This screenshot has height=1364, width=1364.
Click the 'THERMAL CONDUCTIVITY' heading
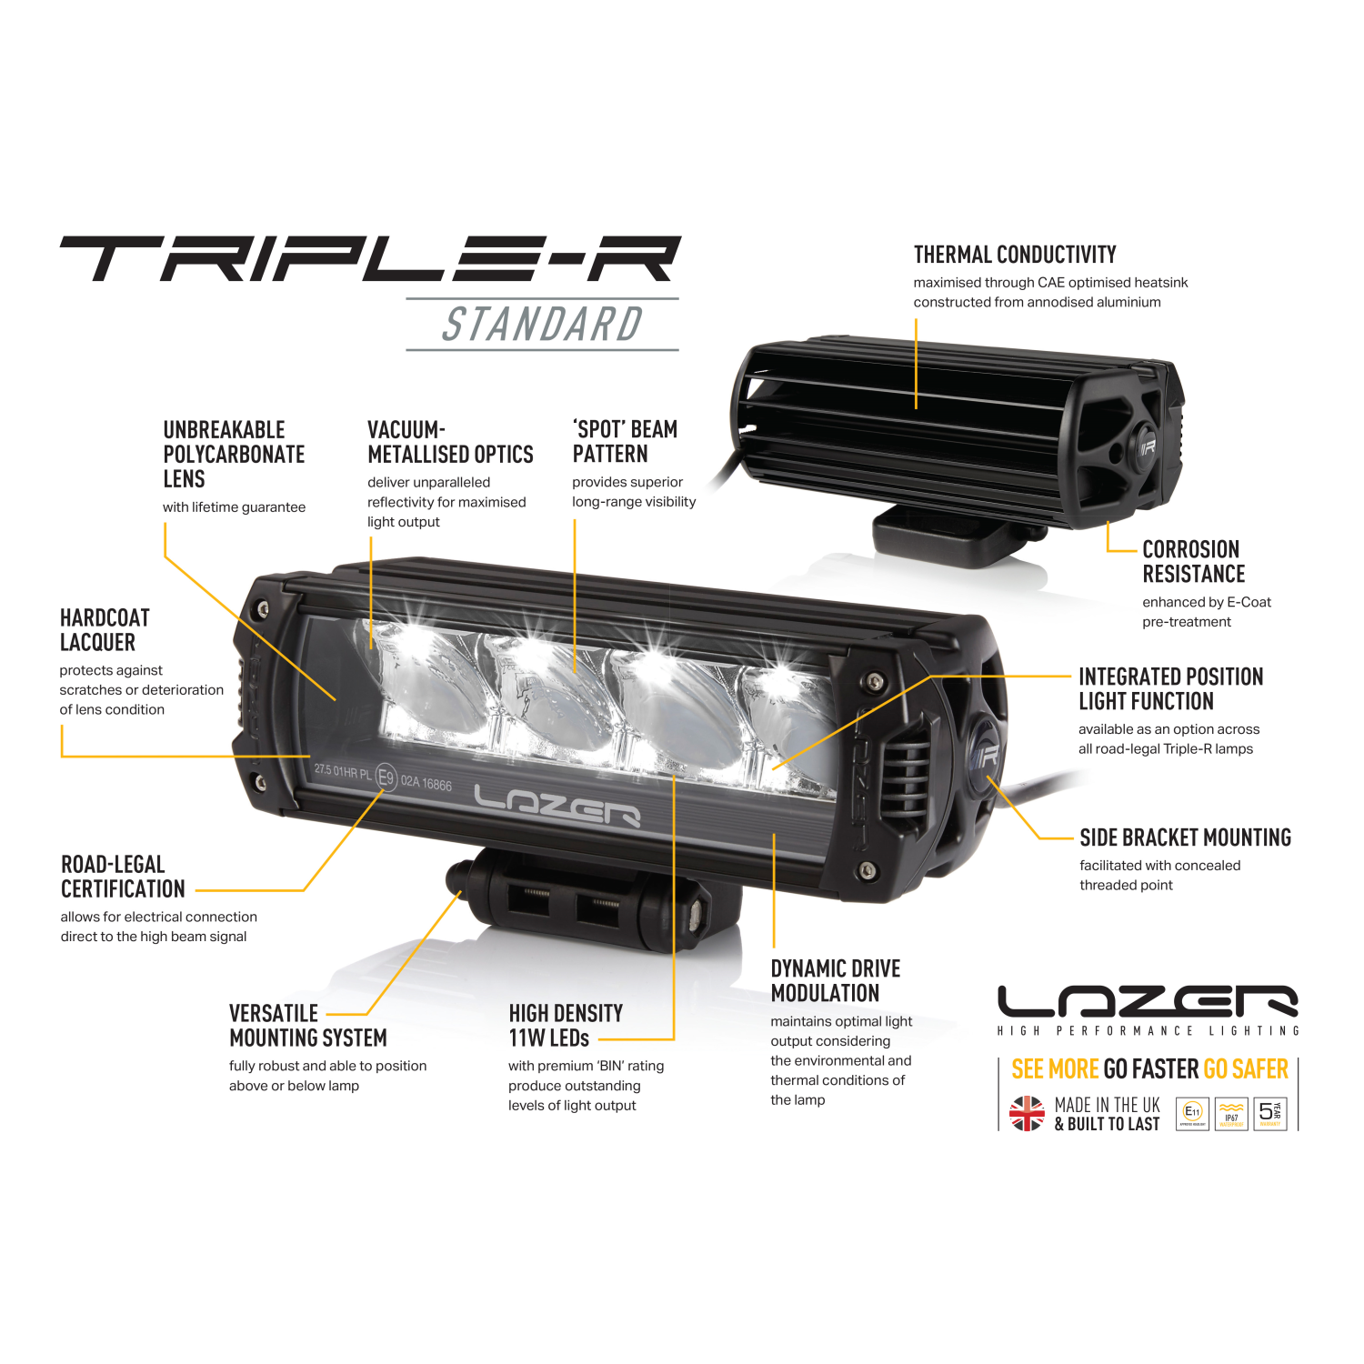(1014, 255)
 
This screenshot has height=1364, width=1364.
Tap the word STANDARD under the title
(542, 325)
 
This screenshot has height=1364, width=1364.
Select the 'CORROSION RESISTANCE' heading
(1193, 562)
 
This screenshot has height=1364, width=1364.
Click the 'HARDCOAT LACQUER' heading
(104, 630)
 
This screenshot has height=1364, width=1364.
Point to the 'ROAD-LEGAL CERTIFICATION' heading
(122, 877)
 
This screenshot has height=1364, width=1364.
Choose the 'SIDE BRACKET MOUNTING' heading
(1185, 837)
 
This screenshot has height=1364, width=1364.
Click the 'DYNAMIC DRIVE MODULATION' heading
(835, 981)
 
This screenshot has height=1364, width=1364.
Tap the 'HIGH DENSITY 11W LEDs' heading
(565, 1026)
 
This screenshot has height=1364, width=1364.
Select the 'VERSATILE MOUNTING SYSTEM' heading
(307, 1026)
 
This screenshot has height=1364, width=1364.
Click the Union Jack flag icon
(1027, 1113)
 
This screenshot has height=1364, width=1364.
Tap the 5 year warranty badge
(1269, 1113)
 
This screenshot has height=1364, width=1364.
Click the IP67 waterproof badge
(1231, 1113)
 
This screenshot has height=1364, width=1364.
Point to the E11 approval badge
(1192, 1113)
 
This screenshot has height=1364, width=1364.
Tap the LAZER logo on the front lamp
(557, 806)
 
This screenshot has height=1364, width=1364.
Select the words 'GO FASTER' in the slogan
(1150, 1069)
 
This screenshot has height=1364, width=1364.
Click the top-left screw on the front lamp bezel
(264, 608)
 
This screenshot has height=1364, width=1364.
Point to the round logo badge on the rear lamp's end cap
(1146, 447)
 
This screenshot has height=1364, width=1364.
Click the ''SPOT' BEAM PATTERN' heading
(624, 442)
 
